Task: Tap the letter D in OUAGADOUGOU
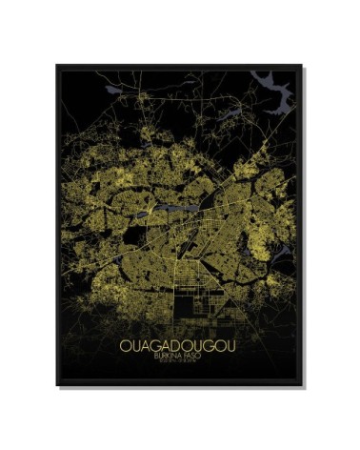(x=175, y=344)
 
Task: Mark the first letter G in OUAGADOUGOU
(x=154, y=344)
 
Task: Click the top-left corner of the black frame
(x=57, y=66)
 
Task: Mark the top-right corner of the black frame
(x=302, y=66)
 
